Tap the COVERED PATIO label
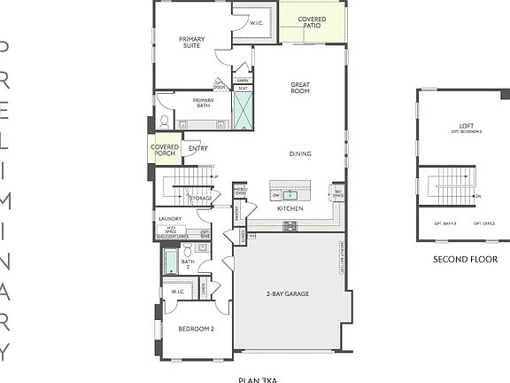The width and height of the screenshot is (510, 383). (x=311, y=23)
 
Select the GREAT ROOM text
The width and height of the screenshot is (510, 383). (x=300, y=88)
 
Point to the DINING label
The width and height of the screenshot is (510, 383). (x=300, y=153)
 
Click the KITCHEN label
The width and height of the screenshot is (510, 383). (x=290, y=208)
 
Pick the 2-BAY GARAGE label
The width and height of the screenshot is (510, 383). (x=287, y=293)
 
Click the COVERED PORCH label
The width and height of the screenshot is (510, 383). (x=166, y=151)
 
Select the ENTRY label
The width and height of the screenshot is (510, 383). (x=198, y=148)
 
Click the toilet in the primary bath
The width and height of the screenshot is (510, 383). (x=164, y=122)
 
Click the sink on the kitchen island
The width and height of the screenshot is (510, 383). (x=290, y=193)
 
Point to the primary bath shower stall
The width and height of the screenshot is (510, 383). (x=243, y=111)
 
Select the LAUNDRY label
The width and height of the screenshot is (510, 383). (x=169, y=218)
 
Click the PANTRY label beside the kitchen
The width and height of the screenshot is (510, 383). (x=236, y=213)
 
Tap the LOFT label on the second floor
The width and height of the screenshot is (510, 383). (x=467, y=126)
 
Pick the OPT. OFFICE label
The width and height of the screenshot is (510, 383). (x=483, y=223)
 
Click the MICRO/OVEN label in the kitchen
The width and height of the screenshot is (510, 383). (x=239, y=191)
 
